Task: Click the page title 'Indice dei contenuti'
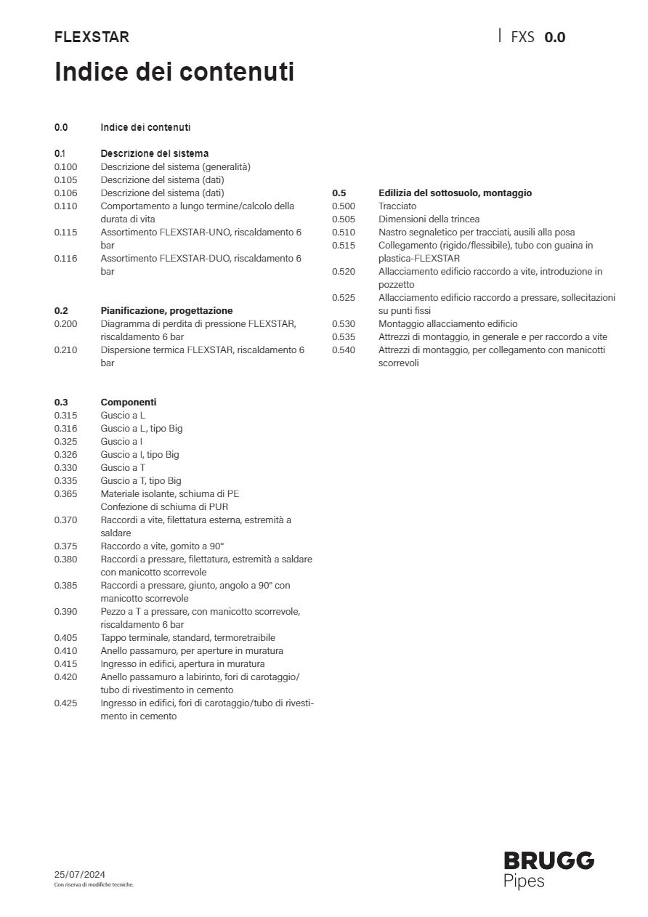(174, 73)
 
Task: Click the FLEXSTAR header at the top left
(92, 37)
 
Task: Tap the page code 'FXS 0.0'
(538, 37)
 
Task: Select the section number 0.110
(65, 206)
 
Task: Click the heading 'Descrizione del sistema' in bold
(154, 153)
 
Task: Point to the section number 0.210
(65, 350)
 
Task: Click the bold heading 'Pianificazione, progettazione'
(166, 310)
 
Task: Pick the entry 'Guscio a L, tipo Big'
(142, 429)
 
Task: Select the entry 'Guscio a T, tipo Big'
(141, 481)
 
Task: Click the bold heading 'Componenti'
(129, 402)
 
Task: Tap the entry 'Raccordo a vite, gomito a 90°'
(162, 546)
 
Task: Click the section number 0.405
(65, 638)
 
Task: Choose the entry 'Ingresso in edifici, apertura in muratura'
(182, 664)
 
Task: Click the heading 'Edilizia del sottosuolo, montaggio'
(455, 193)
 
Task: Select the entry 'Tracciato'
(397, 206)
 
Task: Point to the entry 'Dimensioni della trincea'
(429, 219)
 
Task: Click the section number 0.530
(344, 324)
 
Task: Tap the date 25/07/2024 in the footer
(79, 874)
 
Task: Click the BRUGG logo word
(548, 861)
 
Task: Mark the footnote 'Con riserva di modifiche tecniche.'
(94, 885)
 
